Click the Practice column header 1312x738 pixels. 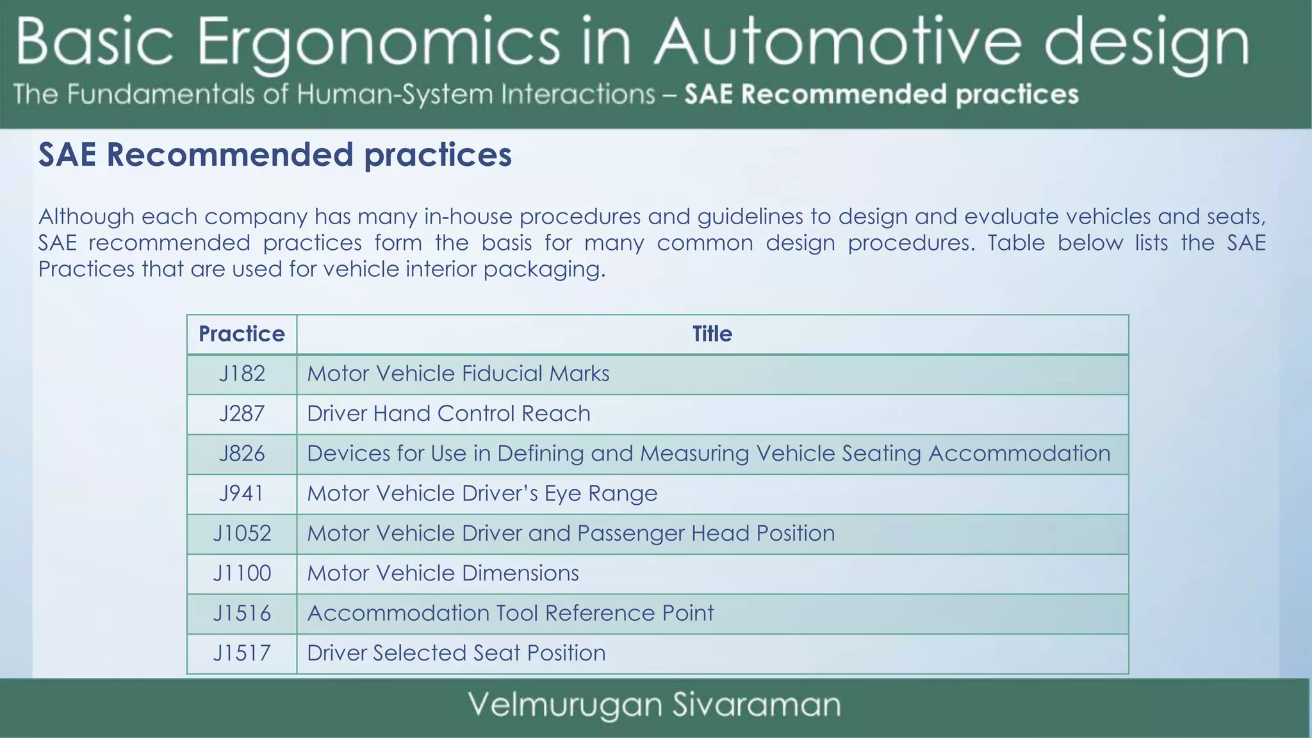click(242, 334)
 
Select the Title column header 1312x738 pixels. click(712, 334)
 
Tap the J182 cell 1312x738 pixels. click(242, 374)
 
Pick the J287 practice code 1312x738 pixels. click(242, 414)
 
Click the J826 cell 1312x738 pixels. click(242, 454)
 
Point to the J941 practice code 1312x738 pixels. click(242, 493)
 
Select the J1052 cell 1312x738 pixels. click(242, 534)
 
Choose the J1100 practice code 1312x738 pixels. click(242, 573)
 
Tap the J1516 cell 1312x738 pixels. click(242, 613)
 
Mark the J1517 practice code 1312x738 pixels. click(242, 653)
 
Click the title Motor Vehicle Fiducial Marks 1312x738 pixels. click(458, 374)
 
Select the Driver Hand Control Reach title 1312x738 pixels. click(448, 414)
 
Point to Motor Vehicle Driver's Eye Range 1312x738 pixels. click(482, 493)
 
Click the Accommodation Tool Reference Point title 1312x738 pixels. click(510, 613)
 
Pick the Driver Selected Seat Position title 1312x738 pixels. click(456, 653)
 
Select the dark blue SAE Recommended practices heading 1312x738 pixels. click(275, 155)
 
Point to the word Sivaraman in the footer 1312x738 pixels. click(757, 705)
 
